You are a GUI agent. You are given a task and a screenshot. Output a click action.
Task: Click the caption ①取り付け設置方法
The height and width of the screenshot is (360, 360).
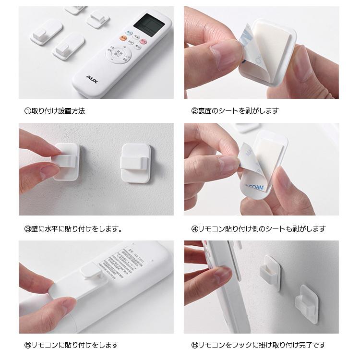[x=54, y=111]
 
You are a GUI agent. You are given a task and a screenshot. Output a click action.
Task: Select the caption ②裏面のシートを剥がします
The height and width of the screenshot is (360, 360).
[x=235, y=111]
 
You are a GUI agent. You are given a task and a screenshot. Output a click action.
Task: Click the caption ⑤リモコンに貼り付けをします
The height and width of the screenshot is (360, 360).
[x=71, y=345]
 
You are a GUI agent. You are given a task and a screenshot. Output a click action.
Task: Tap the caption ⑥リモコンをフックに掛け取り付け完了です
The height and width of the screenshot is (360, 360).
[x=258, y=345]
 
